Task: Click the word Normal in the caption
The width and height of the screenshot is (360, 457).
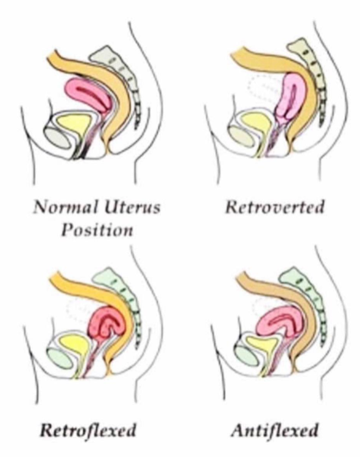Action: [x=65, y=207]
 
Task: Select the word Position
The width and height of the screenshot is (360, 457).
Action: [x=97, y=230]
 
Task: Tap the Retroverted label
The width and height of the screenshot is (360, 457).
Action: [x=275, y=207]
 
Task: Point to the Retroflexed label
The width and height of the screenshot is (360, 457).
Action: [x=88, y=430]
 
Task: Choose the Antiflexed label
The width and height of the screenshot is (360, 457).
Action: [x=275, y=430]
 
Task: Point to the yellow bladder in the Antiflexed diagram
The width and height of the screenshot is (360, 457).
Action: [x=262, y=344]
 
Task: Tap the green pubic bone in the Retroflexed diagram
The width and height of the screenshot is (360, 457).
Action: [x=60, y=359]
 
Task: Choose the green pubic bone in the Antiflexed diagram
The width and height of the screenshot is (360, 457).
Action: [x=247, y=356]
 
